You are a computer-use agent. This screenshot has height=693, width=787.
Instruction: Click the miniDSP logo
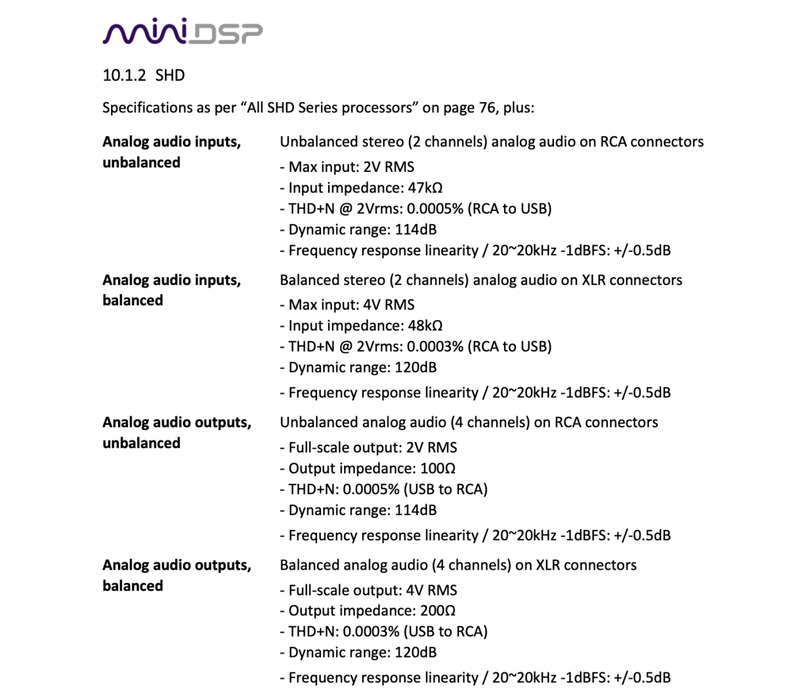[x=182, y=31]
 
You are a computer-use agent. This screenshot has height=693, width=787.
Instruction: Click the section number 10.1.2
[x=125, y=76]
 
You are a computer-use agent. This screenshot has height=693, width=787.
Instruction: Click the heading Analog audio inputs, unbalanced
[x=171, y=152]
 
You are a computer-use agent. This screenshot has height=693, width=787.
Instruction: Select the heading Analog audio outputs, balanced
[x=177, y=576]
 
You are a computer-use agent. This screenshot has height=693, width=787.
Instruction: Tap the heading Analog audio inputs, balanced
[x=171, y=290]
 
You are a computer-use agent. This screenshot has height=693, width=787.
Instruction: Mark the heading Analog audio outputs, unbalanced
[x=177, y=432]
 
